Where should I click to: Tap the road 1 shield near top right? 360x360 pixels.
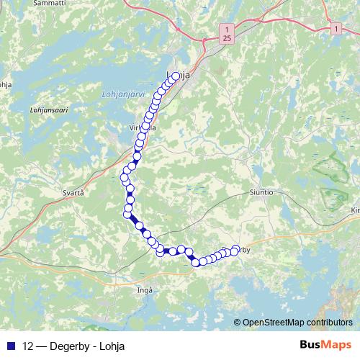click(335, 27)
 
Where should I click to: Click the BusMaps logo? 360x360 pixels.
click(325, 344)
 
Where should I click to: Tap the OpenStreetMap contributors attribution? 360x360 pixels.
click(297, 323)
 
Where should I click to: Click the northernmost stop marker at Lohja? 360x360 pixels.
click(176, 74)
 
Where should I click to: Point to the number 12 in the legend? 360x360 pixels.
click(28, 344)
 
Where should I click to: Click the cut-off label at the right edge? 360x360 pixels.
click(354, 210)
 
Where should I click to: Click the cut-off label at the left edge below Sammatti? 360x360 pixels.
click(5, 84)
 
